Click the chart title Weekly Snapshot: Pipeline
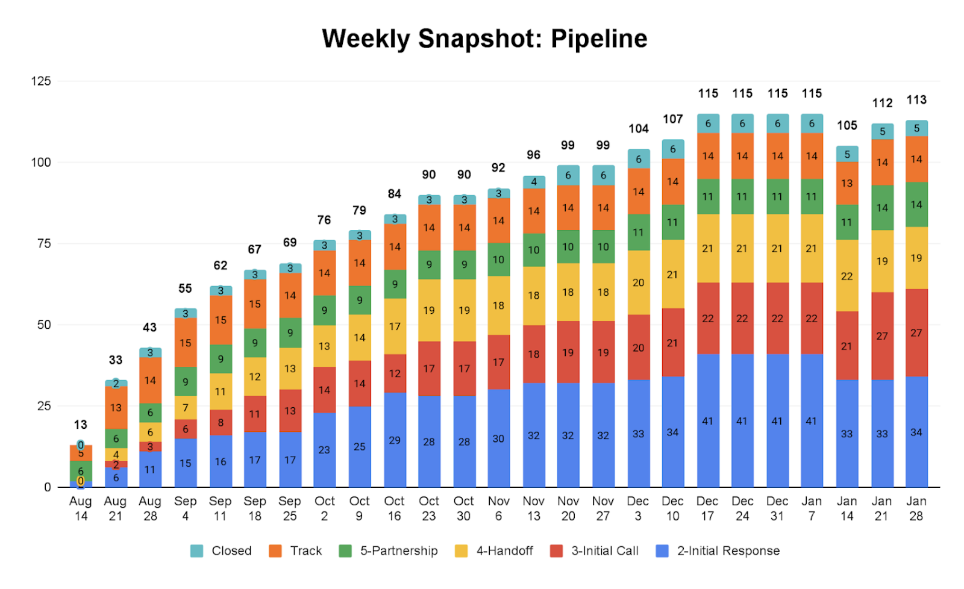tap(484, 39)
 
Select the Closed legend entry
tap(221, 550)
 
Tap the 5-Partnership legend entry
tap(389, 550)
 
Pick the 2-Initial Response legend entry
tap(718, 550)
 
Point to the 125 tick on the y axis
tap(41, 81)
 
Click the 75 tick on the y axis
tap(44, 243)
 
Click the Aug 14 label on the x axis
tap(80, 508)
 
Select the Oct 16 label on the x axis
tap(394, 508)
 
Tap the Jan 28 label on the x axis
tap(916, 508)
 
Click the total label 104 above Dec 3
tap(638, 128)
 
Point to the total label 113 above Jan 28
tap(916, 100)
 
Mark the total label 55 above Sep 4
tap(185, 288)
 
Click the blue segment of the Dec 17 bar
tap(708, 420)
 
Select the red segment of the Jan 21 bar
tap(881, 335)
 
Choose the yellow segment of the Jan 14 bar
tap(847, 276)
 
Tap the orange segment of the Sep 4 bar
tap(186, 342)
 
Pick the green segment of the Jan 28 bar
tap(916, 204)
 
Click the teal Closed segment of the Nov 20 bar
tap(568, 175)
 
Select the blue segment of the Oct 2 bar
tap(324, 449)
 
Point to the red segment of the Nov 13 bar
tap(534, 354)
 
